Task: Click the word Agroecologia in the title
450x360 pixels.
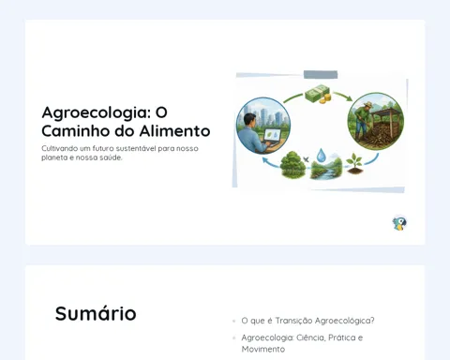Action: click(97, 113)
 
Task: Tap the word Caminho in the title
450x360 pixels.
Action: click(76, 131)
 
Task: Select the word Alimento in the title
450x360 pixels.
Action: click(174, 131)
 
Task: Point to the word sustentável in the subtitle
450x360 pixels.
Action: click(136, 148)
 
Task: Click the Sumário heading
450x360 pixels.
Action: click(96, 313)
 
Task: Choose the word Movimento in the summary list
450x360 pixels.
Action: click(263, 349)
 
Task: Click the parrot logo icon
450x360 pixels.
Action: click(399, 223)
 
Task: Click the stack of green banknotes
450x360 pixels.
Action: click(316, 92)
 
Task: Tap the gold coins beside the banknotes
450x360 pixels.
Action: click(325, 98)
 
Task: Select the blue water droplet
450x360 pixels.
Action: click(321, 156)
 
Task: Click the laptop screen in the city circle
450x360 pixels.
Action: click(272, 135)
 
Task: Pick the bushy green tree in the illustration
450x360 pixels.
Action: click(292, 165)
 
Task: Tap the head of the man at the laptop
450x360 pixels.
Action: click(250, 120)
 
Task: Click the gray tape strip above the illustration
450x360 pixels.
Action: click(321, 75)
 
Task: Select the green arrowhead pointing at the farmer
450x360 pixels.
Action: click(350, 98)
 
